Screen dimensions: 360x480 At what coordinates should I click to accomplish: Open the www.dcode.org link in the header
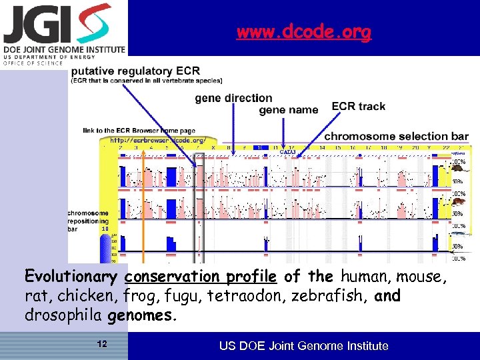click(x=303, y=32)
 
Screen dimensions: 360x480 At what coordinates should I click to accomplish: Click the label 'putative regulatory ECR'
click(x=136, y=71)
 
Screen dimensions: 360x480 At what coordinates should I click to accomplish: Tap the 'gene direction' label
click(x=233, y=99)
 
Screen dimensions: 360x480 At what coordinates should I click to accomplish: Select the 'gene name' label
click(x=288, y=110)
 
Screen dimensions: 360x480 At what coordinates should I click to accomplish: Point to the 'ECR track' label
click(x=358, y=107)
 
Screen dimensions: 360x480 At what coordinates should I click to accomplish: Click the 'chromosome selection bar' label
click(x=396, y=136)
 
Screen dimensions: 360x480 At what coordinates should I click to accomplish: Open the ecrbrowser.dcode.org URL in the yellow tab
click(x=157, y=141)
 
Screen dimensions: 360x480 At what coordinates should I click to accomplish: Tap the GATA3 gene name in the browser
click(x=287, y=153)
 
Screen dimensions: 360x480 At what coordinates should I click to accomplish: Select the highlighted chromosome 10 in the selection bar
click(x=261, y=147)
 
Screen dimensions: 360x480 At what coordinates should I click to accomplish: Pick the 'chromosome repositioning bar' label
click(x=88, y=221)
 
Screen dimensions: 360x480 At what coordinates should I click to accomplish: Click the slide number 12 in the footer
click(x=102, y=345)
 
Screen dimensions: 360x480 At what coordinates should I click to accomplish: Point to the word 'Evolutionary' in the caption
click(x=71, y=277)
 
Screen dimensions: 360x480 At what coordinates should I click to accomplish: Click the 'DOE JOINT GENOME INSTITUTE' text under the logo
click(x=63, y=49)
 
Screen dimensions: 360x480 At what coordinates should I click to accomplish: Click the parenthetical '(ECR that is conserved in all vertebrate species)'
click(x=147, y=81)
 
